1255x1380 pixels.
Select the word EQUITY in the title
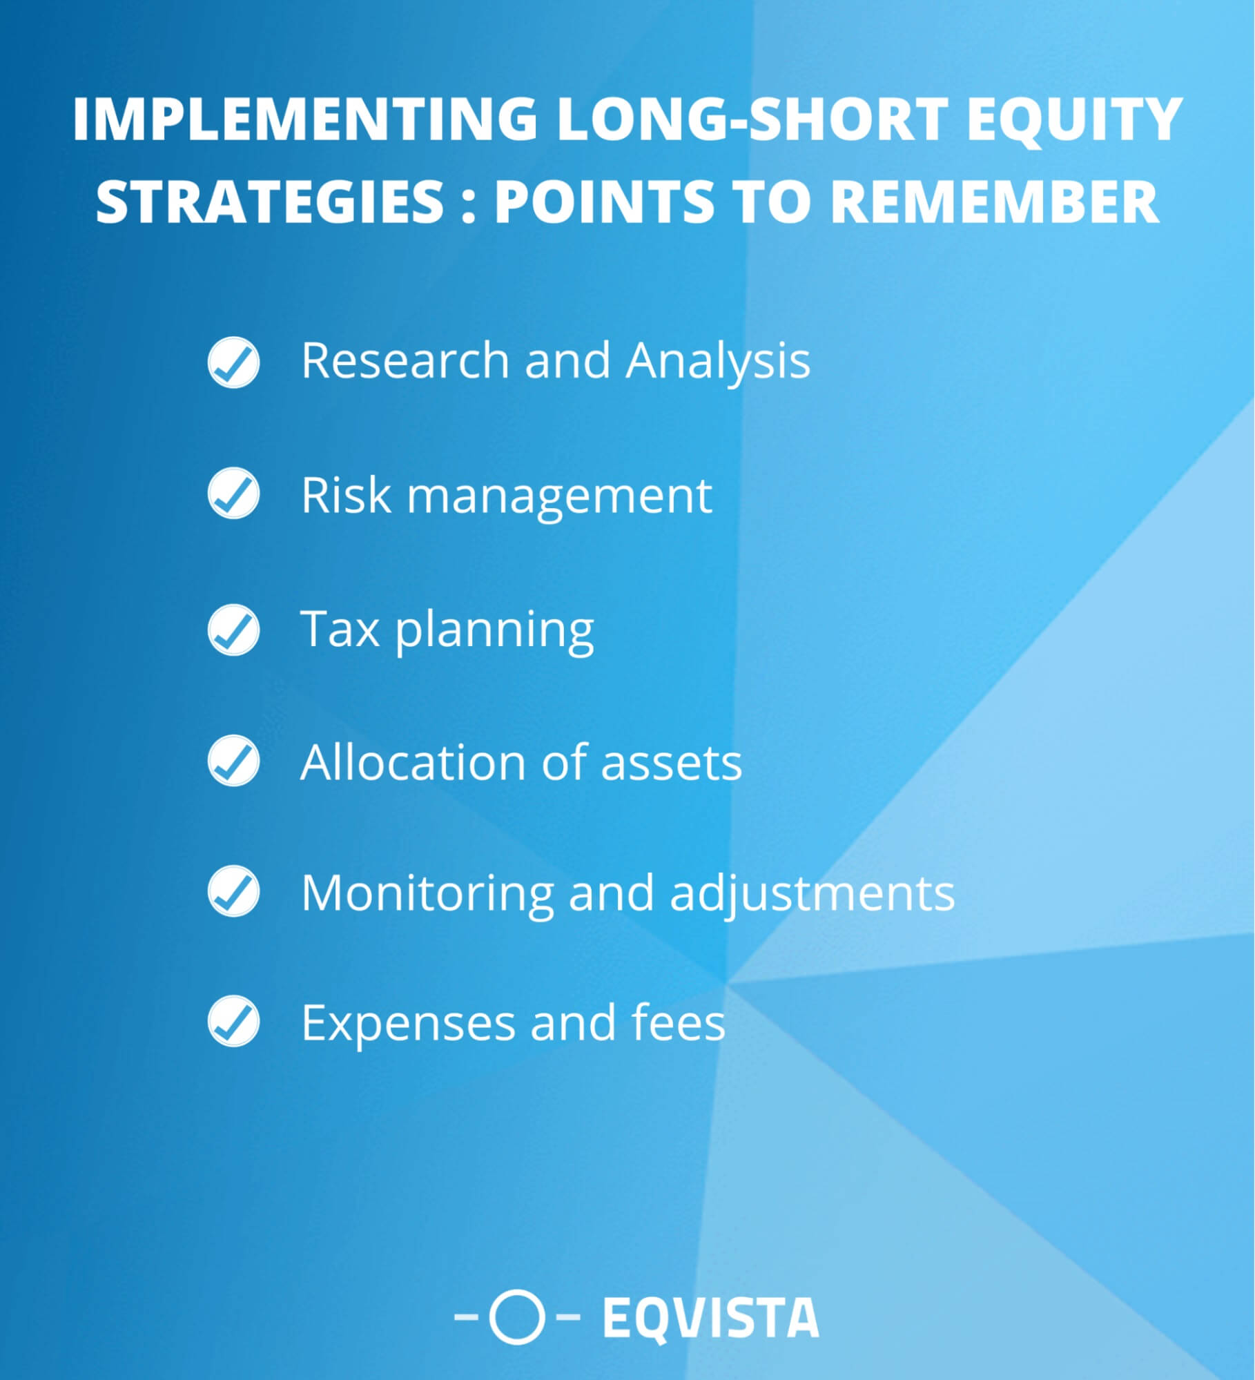pyautogui.click(x=1074, y=119)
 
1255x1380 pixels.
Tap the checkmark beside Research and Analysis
pyautogui.click(x=233, y=362)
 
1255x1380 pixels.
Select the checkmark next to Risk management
pyautogui.click(x=233, y=493)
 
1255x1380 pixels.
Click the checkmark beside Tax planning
pyautogui.click(x=233, y=629)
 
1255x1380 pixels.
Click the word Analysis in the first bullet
pyautogui.click(x=718, y=362)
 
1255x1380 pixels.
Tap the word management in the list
pyautogui.click(x=559, y=496)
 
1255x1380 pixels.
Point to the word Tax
pyautogui.click(x=340, y=629)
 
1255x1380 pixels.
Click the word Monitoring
pyautogui.click(x=427, y=893)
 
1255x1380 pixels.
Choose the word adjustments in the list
pyautogui.click(x=813, y=893)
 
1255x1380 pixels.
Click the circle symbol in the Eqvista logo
pyautogui.click(x=517, y=1316)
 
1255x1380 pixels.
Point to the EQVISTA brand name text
pyautogui.click(x=711, y=1318)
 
